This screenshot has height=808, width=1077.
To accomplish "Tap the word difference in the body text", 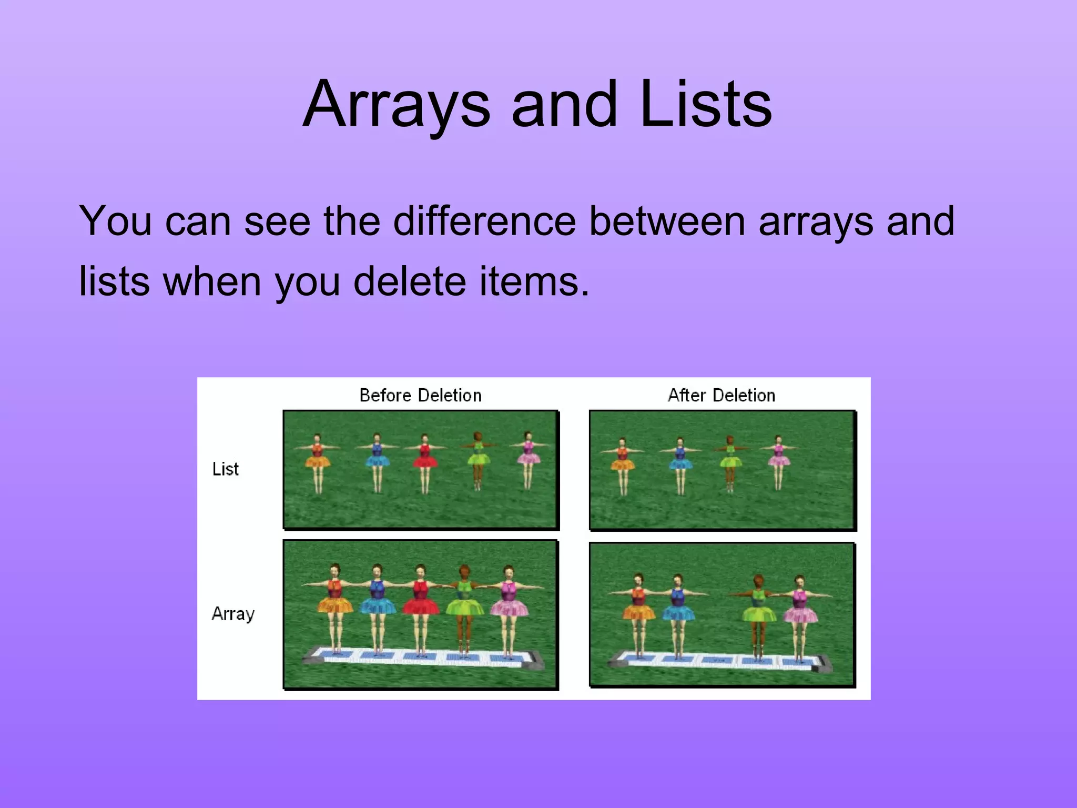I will (x=484, y=221).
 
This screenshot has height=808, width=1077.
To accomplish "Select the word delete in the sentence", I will (x=409, y=281).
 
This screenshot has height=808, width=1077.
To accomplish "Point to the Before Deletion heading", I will (x=420, y=396).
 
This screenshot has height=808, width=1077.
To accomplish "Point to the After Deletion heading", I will (x=721, y=396).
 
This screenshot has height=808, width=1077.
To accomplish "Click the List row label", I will (x=225, y=469).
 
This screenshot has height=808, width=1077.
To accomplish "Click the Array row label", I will (x=233, y=614).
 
